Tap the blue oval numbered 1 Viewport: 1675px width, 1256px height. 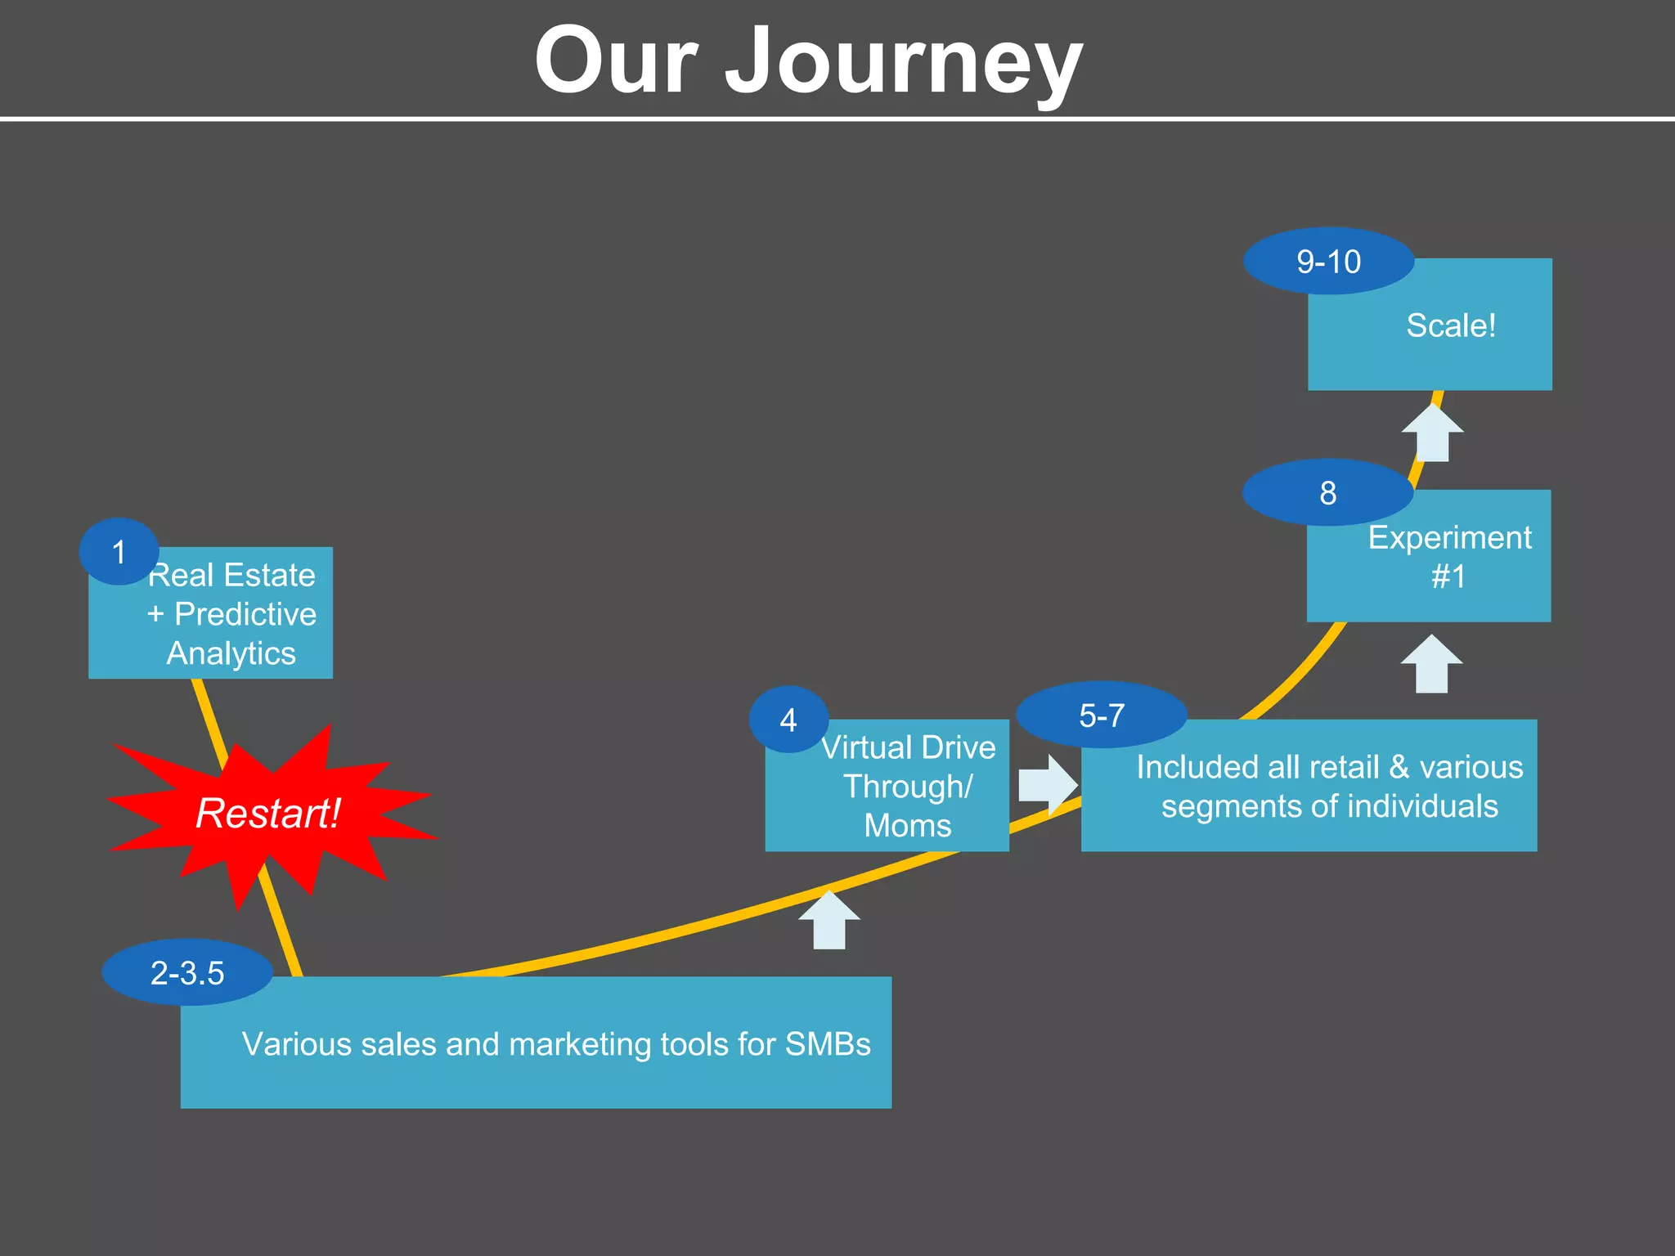(119, 552)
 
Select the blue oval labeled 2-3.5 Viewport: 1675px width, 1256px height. (187, 972)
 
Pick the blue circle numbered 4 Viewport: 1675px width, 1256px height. (788, 720)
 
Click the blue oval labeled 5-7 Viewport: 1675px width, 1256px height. (1102, 715)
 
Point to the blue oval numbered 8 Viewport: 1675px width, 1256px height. (1327, 492)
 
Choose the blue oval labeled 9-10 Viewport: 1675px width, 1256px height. (1328, 262)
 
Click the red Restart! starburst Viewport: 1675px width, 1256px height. (268, 814)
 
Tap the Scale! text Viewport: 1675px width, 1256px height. (1451, 325)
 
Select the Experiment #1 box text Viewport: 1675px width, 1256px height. (1449, 556)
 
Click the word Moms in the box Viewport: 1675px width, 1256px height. (908, 826)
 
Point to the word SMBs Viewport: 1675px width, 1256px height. (828, 1044)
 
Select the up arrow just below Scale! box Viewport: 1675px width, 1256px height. (1432, 433)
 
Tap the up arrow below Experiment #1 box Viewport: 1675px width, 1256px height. (1431, 664)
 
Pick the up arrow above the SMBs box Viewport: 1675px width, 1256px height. (829, 920)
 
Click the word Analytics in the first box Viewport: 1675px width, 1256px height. (231, 653)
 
